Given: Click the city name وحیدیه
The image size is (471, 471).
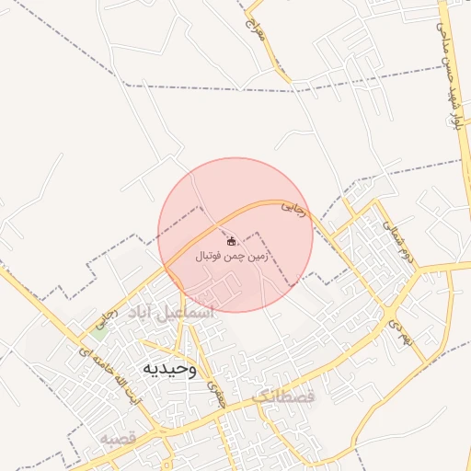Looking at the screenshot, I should click(x=168, y=368).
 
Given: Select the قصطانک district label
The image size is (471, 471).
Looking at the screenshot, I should click(x=282, y=397).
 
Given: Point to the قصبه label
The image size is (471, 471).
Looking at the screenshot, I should click(x=119, y=439).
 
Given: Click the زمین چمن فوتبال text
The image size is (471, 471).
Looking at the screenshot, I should click(x=231, y=258).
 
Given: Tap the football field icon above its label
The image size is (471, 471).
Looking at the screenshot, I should click(x=230, y=241).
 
